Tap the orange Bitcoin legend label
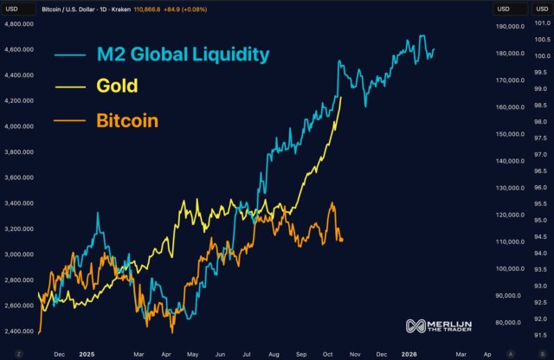(x=126, y=120)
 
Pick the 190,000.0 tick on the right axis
(x=509, y=26)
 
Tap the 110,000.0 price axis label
(x=509, y=241)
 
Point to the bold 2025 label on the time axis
(x=87, y=353)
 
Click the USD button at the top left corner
(x=15, y=9)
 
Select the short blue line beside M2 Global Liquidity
(x=69, y=55)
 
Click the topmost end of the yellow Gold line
(x=341, y=98)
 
